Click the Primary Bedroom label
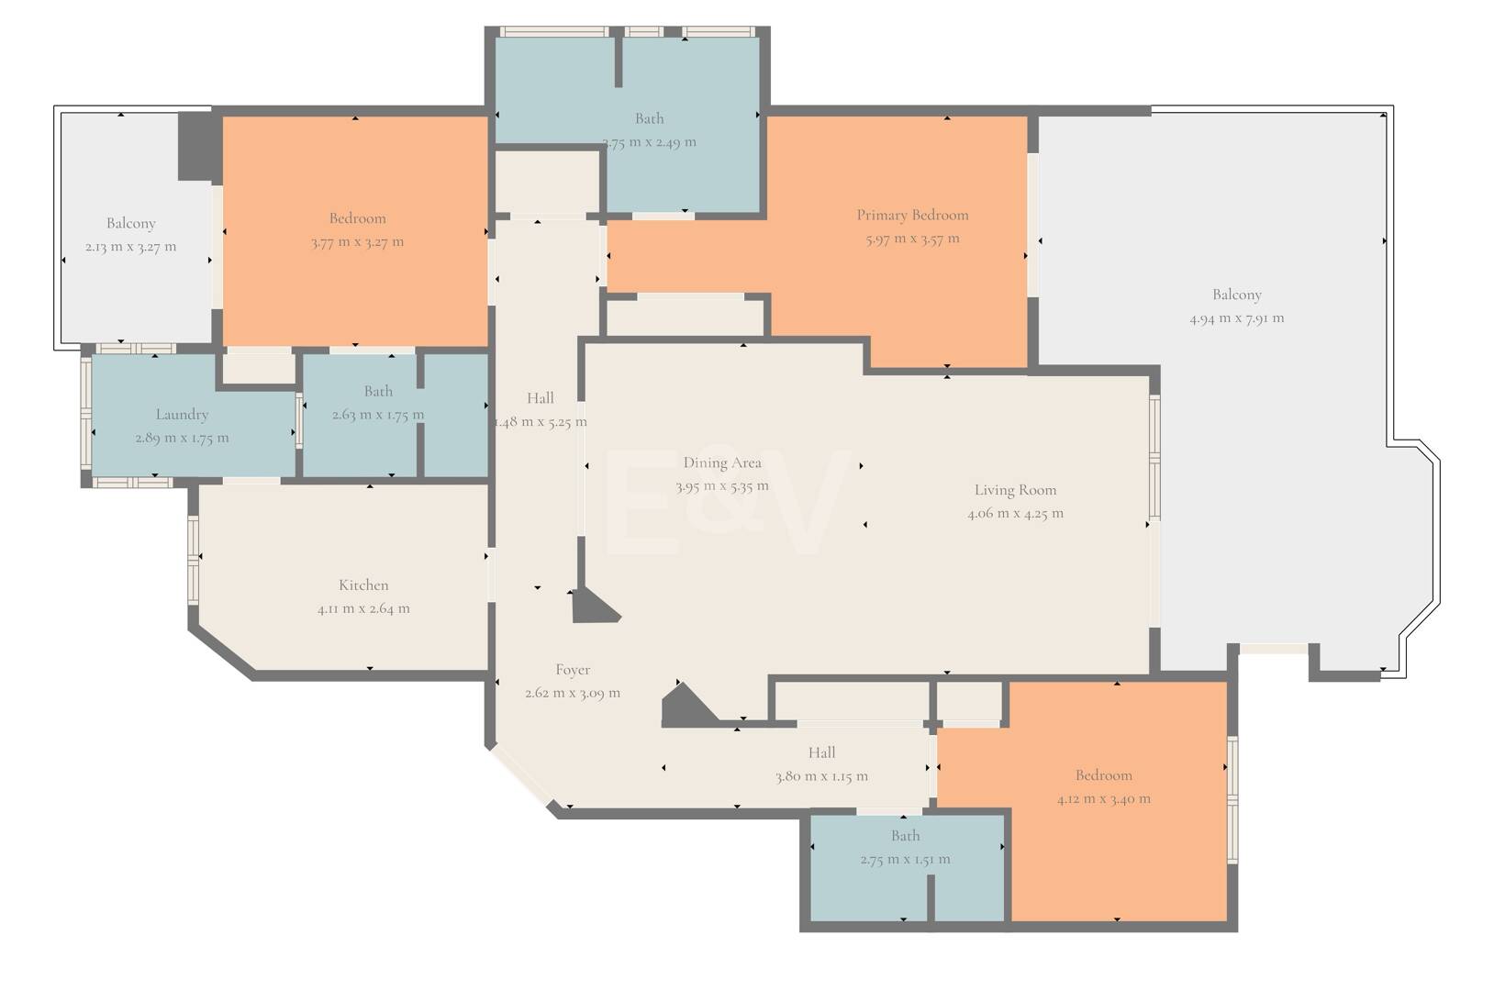tap(912, 215)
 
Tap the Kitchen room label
tap(363, 585)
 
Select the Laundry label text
tap(182, 415)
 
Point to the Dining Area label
tap(722, 462)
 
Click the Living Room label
tap(1015, 490)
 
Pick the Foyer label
tap(573, 670)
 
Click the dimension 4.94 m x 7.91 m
tap(1236, 318)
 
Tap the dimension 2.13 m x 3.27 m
tap(130, 247)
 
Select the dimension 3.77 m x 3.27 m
tap(358, 242)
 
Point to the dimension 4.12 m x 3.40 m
tap(1104, 799)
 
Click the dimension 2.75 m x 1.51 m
tap(905, 860)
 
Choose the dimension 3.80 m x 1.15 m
tap(821, 776)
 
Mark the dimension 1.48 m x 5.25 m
tap(541, 422)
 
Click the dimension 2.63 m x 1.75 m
tap(378, 415)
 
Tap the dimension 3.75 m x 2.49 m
tap(649, 142)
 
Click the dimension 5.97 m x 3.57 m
tap(912, 239)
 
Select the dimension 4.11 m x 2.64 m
tap(363, 609)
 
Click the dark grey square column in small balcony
tap(199, 147)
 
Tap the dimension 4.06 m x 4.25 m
tap(1015, 514)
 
